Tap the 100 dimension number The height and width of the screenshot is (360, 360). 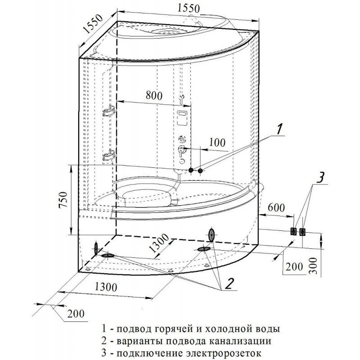coord(217,143)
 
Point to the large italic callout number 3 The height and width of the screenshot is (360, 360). coord(319,178)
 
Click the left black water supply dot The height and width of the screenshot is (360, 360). coord(191,171)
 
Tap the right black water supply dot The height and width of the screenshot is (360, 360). coord(200,171)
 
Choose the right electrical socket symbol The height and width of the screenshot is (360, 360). coord(302,232)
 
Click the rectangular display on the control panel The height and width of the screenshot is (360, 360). coord(183,118)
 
